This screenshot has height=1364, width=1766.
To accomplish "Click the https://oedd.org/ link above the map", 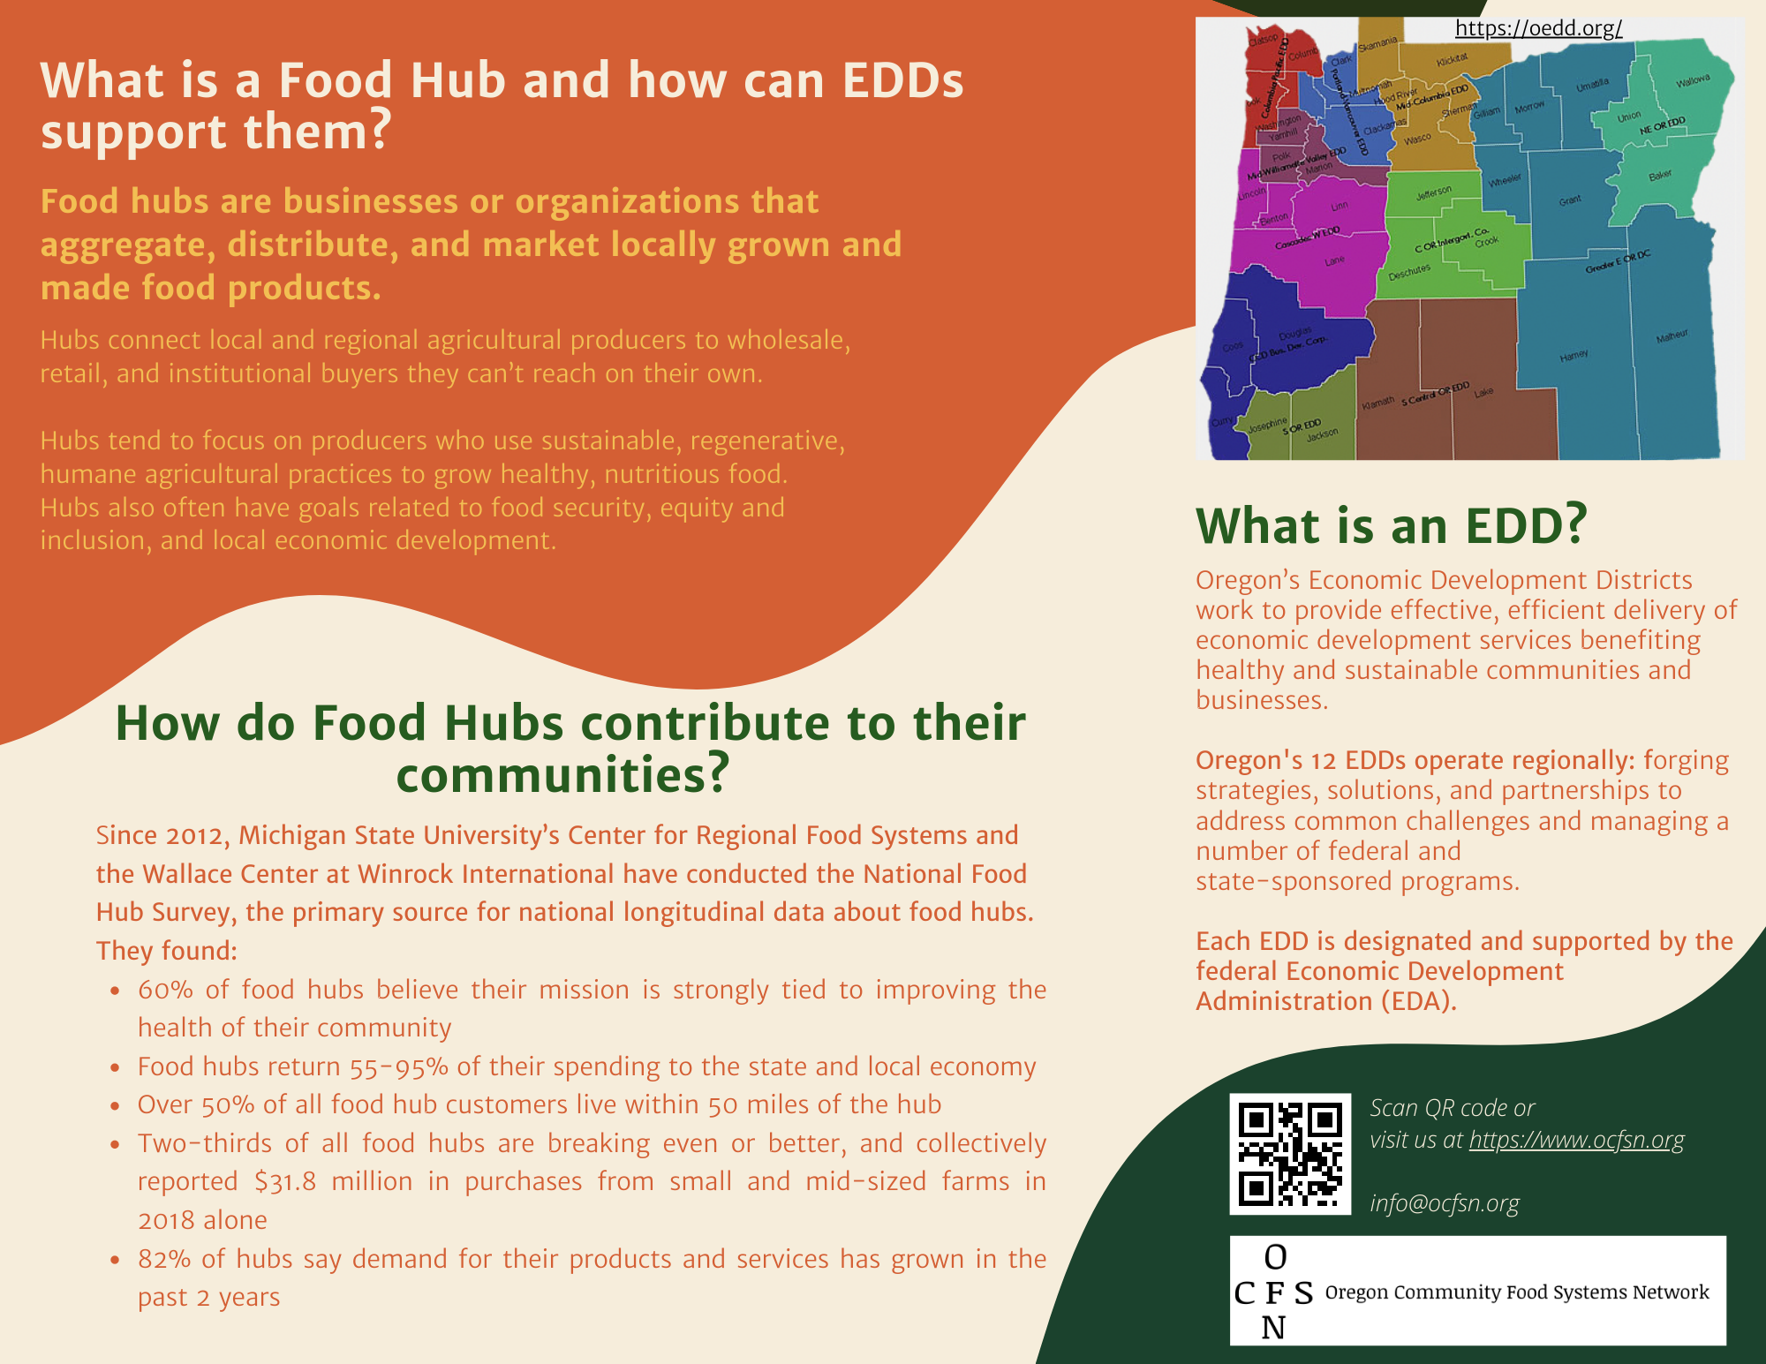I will pyautogui.click(x=1538, y=28).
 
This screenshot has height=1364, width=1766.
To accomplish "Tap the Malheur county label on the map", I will pyautogui.click(x=1672, y=336).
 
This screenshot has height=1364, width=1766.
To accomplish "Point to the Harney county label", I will pyautogui.click(x=1574, y=355).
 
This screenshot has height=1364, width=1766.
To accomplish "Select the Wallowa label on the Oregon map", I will pyautogui.click(x=1693, y=82).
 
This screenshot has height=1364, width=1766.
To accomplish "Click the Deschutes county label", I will pyautogui.click(x=1409, y=272).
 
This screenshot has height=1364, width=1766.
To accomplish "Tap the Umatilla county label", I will pyautogui.click(x=1593, y=85).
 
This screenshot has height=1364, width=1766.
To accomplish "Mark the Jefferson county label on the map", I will pyautogui.click(x=1433, y=192).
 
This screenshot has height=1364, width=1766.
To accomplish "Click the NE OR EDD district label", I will pyautogui.click(x=1663, y=125).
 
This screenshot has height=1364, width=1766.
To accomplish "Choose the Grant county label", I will pyautogui.click(x=1570, y=200).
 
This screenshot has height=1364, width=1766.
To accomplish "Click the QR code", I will pyautogui.click(x=1290, y=1154).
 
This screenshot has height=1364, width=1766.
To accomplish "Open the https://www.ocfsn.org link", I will pyautogui.click(x=1576, y=1140).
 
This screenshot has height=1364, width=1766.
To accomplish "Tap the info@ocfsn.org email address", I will pyautogui.click(x=1445, y=1203).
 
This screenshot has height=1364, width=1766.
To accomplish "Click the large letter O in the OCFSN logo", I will pyautogui.click(x=1275, y=1256).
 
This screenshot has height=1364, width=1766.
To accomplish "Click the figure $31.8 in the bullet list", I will pyautogui.click(x=284, y=1181).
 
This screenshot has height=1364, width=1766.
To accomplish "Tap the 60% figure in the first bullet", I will pyautogui.click(x=165, y=990).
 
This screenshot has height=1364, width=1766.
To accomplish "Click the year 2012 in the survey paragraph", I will pyautogui.click(x=198, y=835).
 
